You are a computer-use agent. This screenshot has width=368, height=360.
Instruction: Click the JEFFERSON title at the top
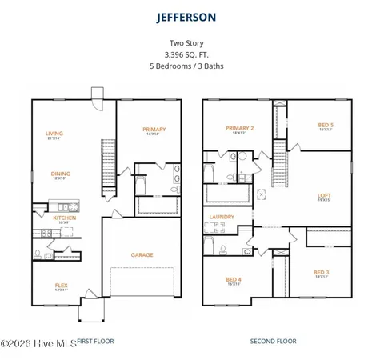186,16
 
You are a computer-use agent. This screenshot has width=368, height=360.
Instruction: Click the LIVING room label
54,134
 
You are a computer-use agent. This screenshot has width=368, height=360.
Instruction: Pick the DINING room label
61,174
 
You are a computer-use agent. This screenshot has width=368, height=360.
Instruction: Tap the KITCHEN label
64,218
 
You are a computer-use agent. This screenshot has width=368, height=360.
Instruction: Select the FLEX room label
61,285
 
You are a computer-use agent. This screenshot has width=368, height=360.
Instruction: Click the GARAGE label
142,255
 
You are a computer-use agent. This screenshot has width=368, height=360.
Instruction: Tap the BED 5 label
326,125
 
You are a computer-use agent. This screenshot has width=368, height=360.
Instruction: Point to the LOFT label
324,195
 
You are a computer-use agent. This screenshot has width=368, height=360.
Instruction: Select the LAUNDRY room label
222,217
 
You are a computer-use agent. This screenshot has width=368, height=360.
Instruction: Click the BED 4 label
234,279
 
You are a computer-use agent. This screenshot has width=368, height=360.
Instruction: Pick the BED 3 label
322,272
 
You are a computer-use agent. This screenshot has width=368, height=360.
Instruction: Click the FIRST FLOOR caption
95,341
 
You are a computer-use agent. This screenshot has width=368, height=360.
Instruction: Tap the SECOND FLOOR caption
273,341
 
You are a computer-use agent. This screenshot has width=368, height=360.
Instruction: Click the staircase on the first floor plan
109,165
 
